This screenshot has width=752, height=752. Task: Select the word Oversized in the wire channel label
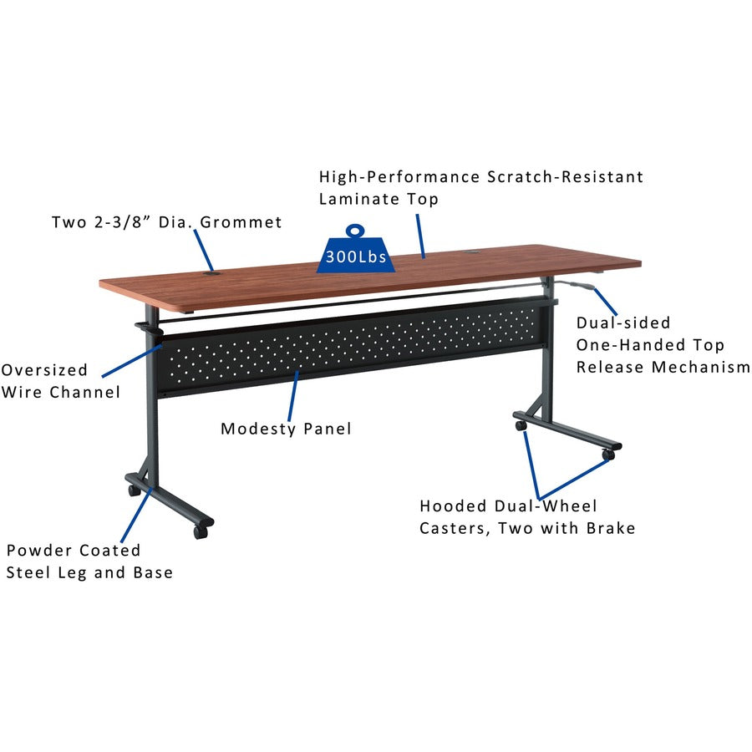pos(44,369)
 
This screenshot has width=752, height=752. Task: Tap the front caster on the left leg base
pos(201,531)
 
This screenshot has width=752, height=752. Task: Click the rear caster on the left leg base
pos(134,490)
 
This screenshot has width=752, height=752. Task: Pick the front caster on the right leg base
pos(608,455)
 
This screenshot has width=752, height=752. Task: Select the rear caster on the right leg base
pos(521,425)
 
